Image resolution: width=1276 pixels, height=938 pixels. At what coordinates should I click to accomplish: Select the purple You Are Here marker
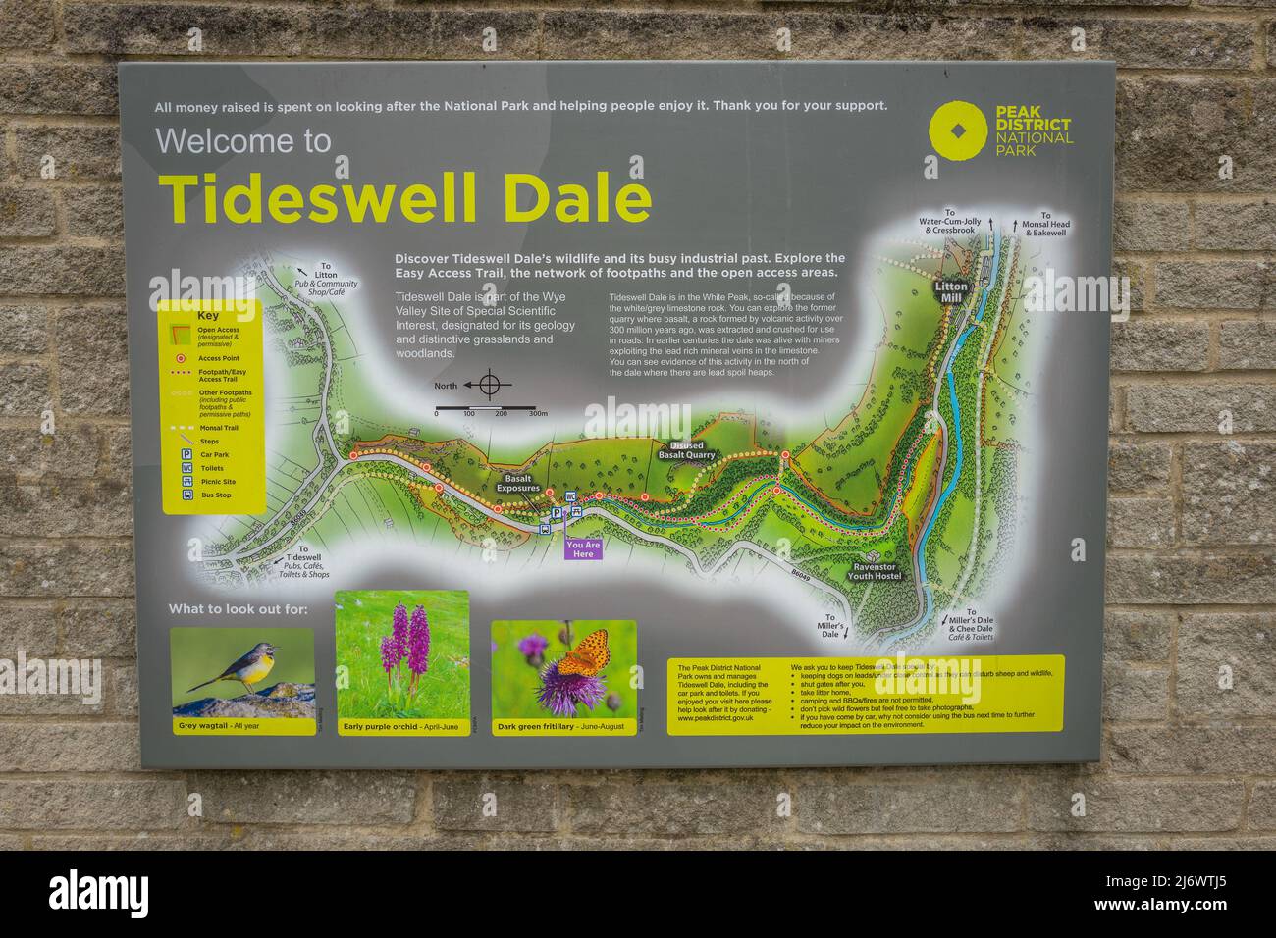click(x=583, y=548)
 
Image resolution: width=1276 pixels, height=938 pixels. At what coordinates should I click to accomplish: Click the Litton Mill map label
click(x=950, y=292)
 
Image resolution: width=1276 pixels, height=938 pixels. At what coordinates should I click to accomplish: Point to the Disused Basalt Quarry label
click(x=686, y=450)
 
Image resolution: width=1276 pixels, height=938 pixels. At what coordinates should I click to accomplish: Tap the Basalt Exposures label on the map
click(x=517, y=483)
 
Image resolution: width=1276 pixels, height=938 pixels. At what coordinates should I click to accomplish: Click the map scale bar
click(x=485, y=407)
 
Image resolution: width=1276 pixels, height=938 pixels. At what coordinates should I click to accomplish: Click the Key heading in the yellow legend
click(x=208, y=317)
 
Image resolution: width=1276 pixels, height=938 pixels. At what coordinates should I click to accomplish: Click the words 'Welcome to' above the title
click(x=243, y=142)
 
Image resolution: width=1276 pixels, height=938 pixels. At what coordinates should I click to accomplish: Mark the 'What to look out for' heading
click(x=238, y=608)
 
